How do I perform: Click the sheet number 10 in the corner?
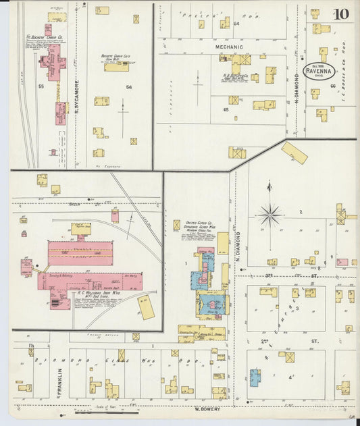coord(340,14)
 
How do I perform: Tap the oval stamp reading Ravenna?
coord(317,70)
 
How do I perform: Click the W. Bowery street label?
coord(209,408)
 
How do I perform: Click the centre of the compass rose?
coord(269,215)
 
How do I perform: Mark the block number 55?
coord(41,86)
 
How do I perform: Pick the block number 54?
coord(128,86)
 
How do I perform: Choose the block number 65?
coord(226,109)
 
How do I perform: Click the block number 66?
coord(333,86)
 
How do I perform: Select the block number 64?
coord(236,24)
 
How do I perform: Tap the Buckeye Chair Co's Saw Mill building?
coord(116,67)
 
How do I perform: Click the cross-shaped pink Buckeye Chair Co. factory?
coord(53,65)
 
